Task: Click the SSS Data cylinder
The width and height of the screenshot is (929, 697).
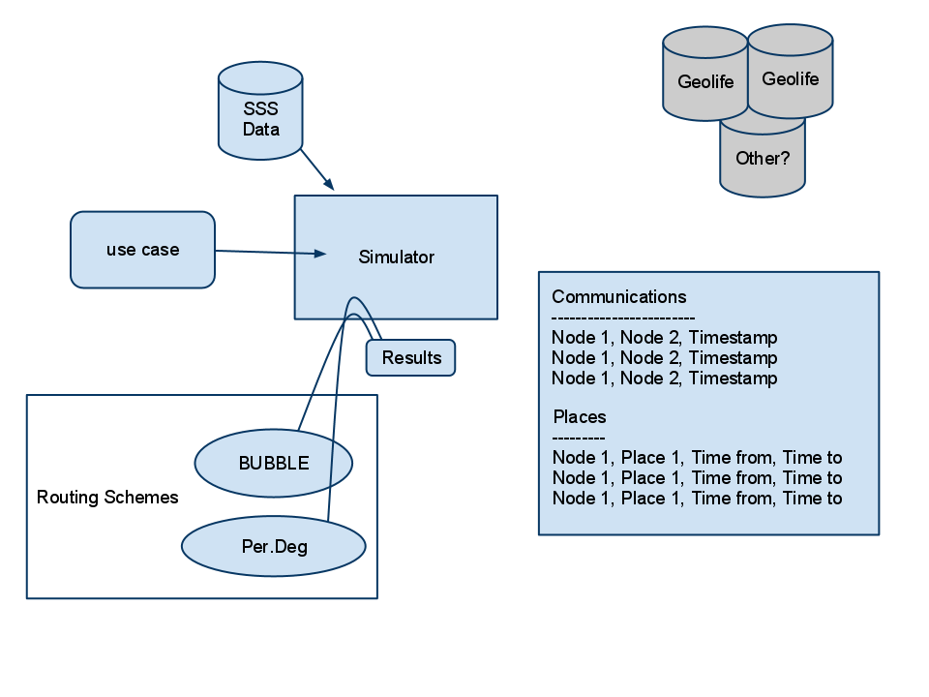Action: coord(260,110)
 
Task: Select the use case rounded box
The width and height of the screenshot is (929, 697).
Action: coord(142,250)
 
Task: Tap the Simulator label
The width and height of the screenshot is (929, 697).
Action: coord(396,258)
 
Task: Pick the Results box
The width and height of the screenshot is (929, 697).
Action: coord(410,358)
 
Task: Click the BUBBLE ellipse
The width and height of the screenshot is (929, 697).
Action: coord(273,463)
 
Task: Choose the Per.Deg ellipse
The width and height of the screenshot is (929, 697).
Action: coord(274,546)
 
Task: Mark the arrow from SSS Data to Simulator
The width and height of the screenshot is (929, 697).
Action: coord(317,170)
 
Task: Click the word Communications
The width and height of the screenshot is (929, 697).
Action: coord(618,297)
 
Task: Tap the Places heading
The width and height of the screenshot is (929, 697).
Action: coord(580,417)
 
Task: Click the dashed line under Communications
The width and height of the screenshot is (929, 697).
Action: coord(623,318)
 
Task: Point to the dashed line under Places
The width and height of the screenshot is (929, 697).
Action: coord(579,438)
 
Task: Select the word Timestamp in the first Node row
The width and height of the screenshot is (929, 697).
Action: coord(733,338)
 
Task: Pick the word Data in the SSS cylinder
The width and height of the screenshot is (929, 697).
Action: coord(260,129)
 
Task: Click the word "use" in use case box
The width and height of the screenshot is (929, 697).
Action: coord(121,250)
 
